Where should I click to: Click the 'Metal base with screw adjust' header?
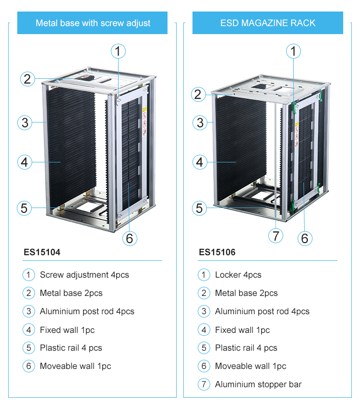click(x=93, y=23)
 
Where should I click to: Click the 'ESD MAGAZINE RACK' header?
click(x=268, y=23)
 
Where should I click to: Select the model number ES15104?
click(x=42, y=252)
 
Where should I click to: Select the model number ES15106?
click(x=217, y=252)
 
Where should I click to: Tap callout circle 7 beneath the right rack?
click(x=275, y=236)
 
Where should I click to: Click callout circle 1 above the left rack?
click(x=118, y=51)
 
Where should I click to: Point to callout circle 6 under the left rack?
click(x=129, y=238)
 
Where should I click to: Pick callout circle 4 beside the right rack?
click(x=200, y=162)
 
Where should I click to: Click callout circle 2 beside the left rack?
click(x=27, y=79)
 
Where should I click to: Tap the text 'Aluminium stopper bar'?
click(x=258, y=384)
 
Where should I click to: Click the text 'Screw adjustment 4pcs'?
click(x=84, y=275)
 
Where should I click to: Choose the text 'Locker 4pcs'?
click(x=238, y=275)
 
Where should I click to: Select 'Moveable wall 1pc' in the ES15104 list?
click(x=75, y=366)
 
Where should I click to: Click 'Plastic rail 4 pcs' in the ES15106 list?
click(x=246, y=348)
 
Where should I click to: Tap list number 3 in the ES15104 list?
click(x=29, y=311)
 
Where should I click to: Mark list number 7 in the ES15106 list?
click(x=204, y=384)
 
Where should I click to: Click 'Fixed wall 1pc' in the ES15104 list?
click(x=67, y=330)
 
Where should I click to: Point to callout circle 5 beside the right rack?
click(x=200, y=208)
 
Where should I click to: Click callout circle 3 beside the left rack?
click(x=25, y=123)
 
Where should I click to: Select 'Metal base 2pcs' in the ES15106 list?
click(x=246, y=293)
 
